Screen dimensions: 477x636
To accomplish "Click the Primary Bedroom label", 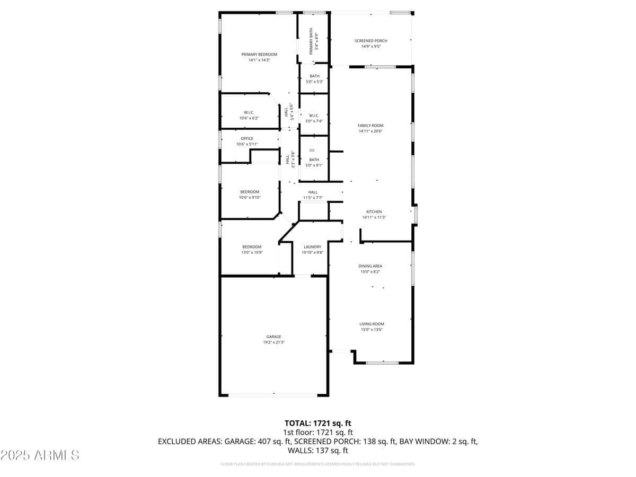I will [x=259, y=55].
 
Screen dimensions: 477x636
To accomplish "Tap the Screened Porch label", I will [x=371, y=41].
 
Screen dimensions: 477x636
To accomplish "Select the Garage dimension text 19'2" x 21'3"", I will [x=273, y=342].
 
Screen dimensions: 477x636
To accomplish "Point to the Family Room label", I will [x=370, y=126].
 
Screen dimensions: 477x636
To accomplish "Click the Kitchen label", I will [x=374, y=211].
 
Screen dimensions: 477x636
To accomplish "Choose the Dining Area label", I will [x=370, y=266].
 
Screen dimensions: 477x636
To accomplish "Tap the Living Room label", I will [x=372, y=324].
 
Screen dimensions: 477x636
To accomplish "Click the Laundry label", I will [x=312, y=247].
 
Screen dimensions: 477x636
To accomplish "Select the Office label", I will [x=247, y=139].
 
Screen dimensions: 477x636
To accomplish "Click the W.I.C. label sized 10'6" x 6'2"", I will [x=249, y=112].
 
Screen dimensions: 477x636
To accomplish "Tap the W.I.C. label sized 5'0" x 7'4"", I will [x=314, y=116].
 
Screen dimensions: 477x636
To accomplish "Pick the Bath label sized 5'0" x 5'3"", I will [x=314, y=76].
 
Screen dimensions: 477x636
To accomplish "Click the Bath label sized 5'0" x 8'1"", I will [x=314, y=160].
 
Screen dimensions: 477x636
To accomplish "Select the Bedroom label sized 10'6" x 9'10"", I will [x=250, y=192].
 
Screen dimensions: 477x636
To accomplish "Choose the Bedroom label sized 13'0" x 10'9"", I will [x=252, y=247].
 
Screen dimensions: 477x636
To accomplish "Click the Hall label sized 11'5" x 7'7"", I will [x=313, y=192].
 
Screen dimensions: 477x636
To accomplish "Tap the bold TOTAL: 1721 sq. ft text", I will [x=318, y=423].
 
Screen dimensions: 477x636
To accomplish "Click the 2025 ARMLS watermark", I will [x=40, y=455].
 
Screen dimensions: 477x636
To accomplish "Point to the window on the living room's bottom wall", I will [x=382, y=363].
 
